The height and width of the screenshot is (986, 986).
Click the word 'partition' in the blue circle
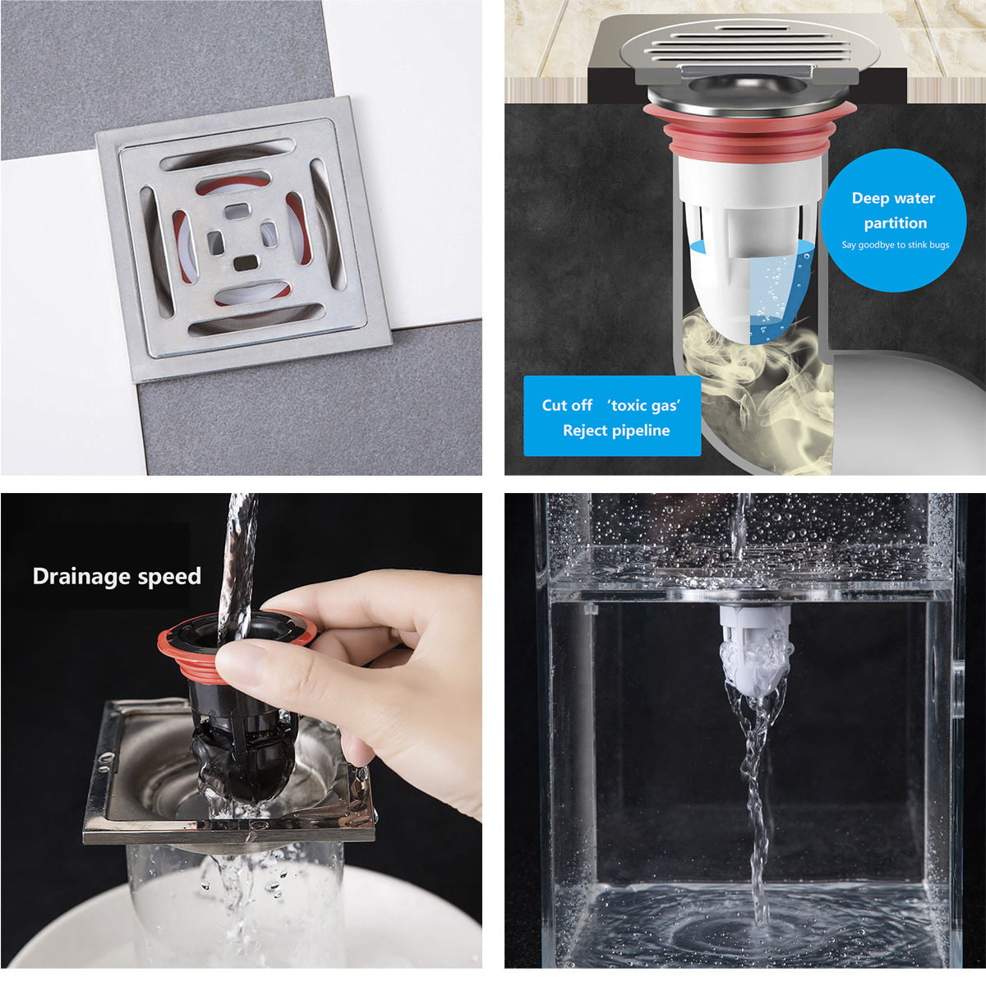tap(895, 223)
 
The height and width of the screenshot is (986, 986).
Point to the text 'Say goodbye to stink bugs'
tap(895, 245)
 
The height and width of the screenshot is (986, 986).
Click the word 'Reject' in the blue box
tap(583, 430)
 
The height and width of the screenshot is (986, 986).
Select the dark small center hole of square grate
tap(246, 263)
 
